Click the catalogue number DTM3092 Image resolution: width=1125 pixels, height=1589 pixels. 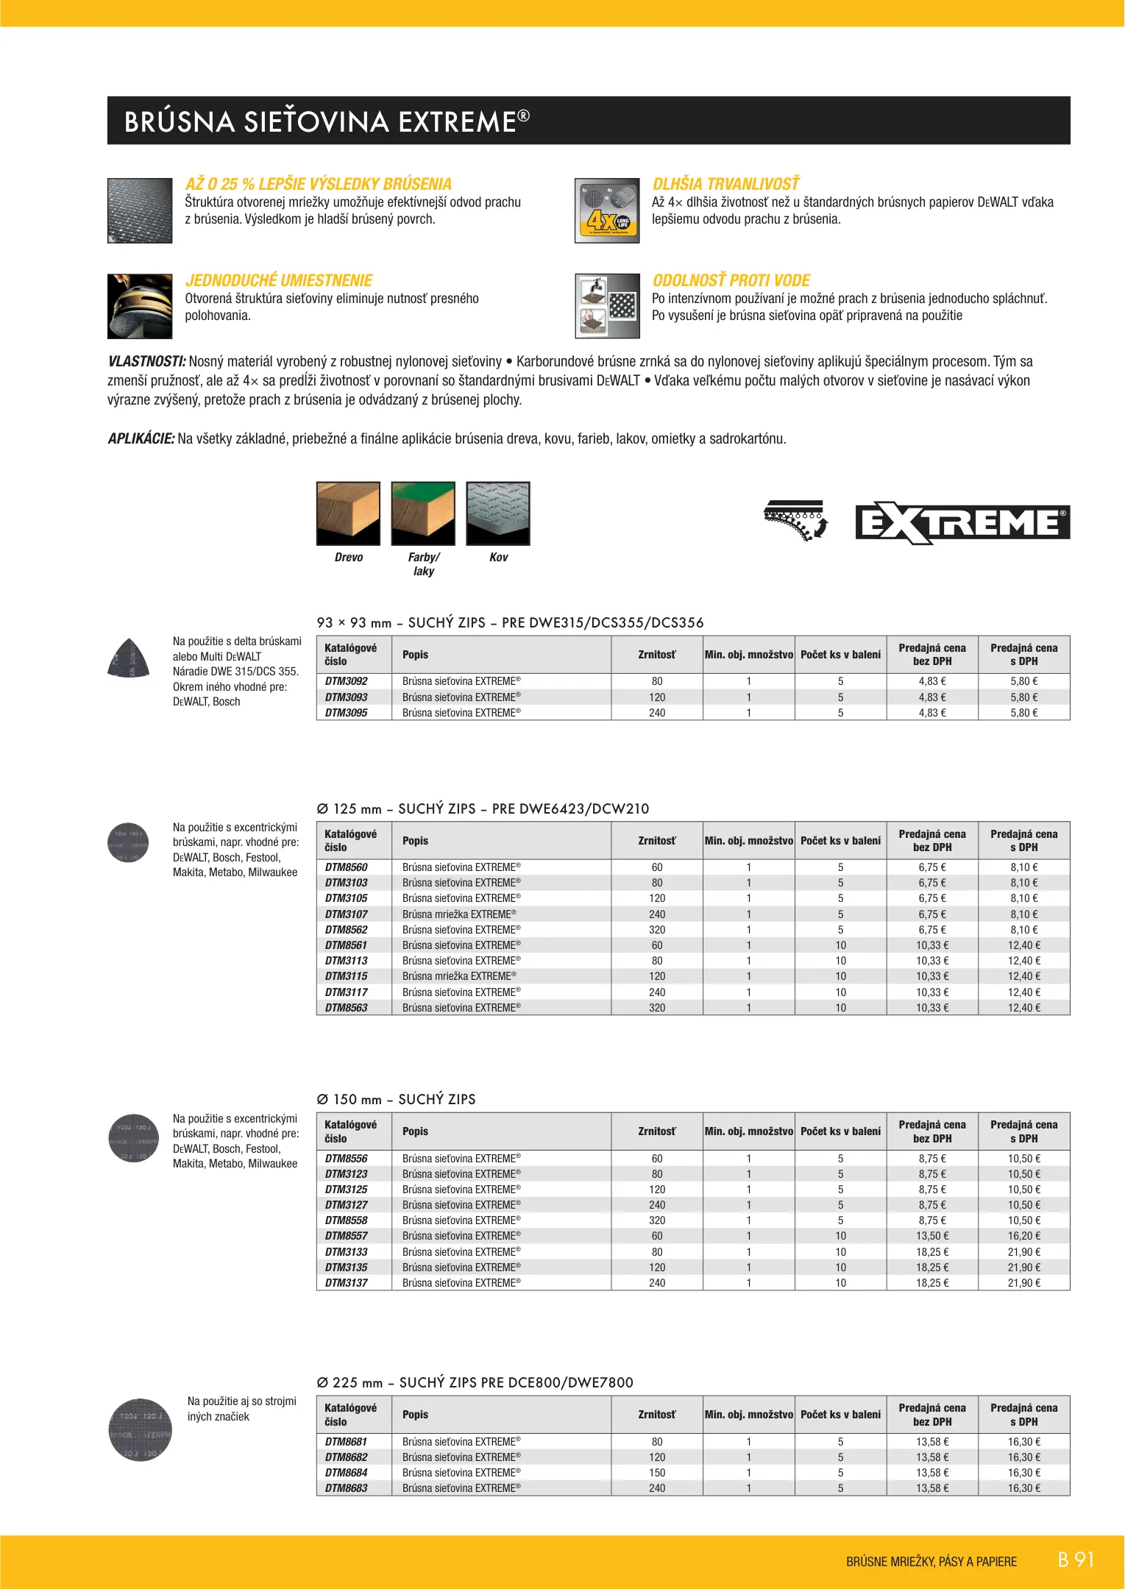346,681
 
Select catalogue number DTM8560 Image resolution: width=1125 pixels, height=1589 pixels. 346,867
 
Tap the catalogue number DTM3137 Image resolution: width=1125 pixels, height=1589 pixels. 346,1283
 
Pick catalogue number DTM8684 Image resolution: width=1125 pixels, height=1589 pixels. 346,1473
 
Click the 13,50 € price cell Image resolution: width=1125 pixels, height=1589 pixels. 931,1236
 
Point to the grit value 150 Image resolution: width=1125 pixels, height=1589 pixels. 657,1473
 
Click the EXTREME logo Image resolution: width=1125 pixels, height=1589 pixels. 962,523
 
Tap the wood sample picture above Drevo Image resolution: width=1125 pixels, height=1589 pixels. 348,513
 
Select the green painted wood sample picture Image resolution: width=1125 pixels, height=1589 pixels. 423,513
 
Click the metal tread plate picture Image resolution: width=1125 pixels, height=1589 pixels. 498,513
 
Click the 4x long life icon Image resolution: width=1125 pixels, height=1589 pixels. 607,210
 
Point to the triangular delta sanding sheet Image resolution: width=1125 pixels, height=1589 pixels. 129,657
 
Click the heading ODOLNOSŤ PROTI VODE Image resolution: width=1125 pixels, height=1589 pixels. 731,280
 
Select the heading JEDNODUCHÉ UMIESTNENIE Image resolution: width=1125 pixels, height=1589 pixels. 279,280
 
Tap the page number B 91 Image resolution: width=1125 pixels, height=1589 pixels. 1076,1560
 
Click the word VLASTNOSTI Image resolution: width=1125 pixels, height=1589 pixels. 146,362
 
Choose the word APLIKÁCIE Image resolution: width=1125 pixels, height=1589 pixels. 141,439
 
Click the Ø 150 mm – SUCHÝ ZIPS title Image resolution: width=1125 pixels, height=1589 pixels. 396,1099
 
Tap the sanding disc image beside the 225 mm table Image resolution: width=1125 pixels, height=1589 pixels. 140,1430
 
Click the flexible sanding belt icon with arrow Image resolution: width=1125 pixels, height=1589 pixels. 796,520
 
